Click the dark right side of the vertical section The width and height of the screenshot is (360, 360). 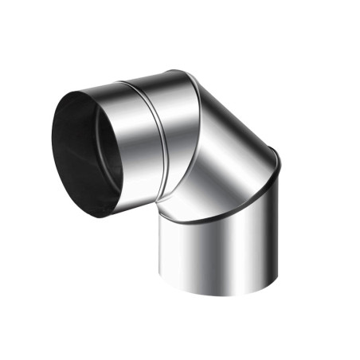tap(267, 239)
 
